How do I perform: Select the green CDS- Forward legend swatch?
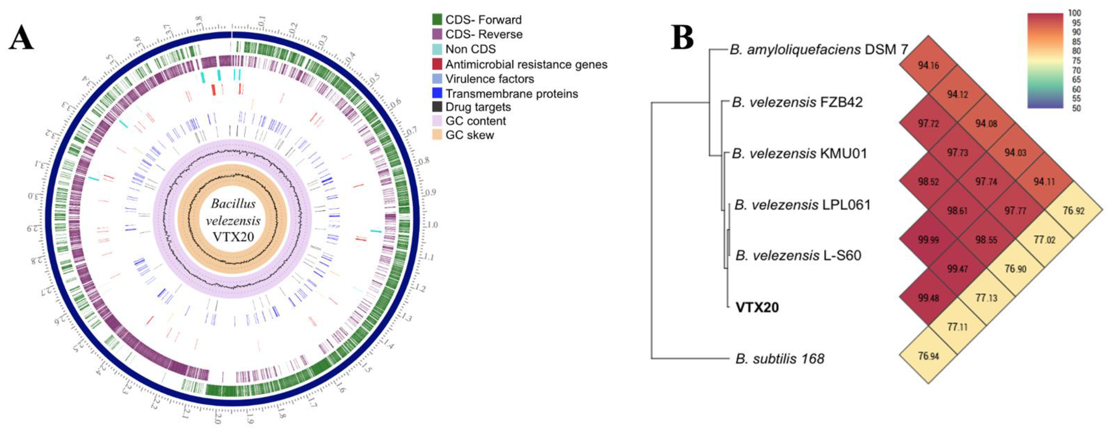click(437, 19)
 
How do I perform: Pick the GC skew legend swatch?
click(437, 135)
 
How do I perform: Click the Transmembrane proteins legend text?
click(512, 93)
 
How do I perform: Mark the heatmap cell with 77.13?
click(986, 298)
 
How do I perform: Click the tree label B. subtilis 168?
click(779, 358)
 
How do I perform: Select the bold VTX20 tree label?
click(757, 307)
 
